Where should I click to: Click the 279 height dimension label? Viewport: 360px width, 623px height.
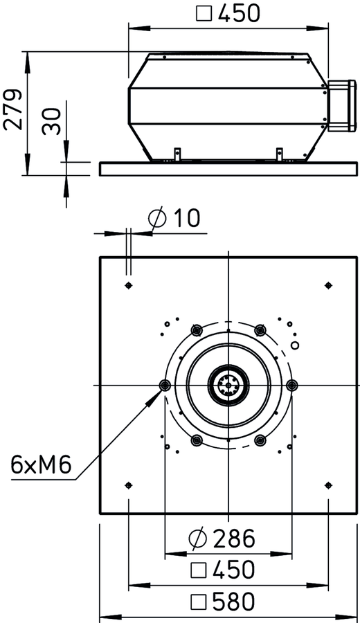coord(12,110)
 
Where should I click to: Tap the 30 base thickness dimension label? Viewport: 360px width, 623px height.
coord(52,122)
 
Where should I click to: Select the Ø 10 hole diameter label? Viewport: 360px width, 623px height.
coord(174,219)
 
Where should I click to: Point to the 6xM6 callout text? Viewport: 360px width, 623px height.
coord(41,464)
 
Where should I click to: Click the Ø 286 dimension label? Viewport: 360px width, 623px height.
coord(222,539)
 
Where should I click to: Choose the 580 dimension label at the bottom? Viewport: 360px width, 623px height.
coord(222,602)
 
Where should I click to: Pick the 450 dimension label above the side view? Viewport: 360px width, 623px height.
coord(228,13)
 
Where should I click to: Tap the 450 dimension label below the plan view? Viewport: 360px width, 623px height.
coord(222,570)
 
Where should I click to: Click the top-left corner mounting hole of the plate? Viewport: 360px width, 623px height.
coord(128,285)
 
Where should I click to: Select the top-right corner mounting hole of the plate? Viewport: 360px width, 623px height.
coord(328,285)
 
